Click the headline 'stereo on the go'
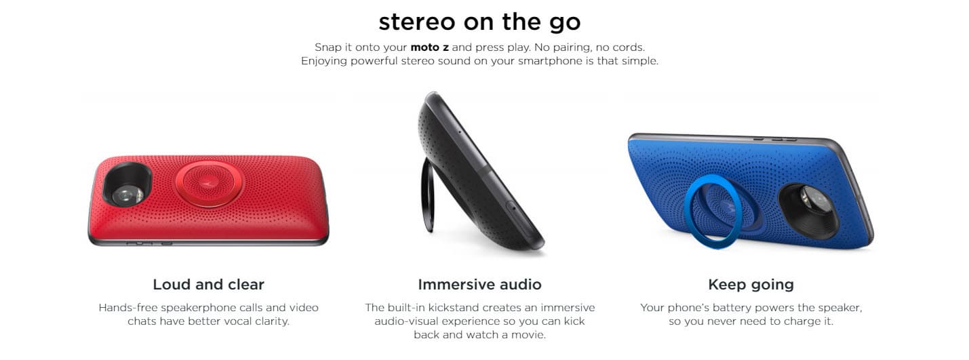[479, 22]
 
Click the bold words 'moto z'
[429, 47]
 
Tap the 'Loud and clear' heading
[208, 284]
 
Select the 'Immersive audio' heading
[479, 284]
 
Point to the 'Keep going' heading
[751, 284]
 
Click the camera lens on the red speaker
[128, 193]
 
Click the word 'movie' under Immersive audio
[530, 335]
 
